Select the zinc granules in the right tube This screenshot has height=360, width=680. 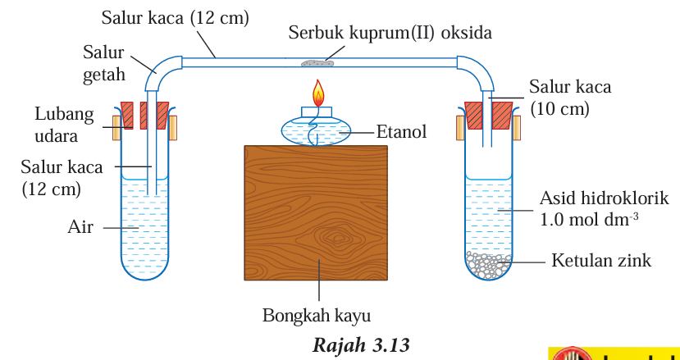[490, 264]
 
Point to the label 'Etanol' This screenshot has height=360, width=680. [401, 131]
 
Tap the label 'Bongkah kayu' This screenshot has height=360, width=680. [316, 315]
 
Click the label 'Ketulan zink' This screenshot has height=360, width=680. [601, 261]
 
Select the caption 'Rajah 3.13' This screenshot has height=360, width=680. [360, 344]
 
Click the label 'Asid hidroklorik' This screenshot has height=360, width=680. [604, 198]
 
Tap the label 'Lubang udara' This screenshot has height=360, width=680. [63, 125]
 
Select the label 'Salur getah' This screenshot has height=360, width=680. [103, 63]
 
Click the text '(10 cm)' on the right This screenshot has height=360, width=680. [559, 108]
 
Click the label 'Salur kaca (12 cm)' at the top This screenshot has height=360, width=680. [176, 17]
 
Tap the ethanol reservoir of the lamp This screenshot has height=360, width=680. [316, 130]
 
